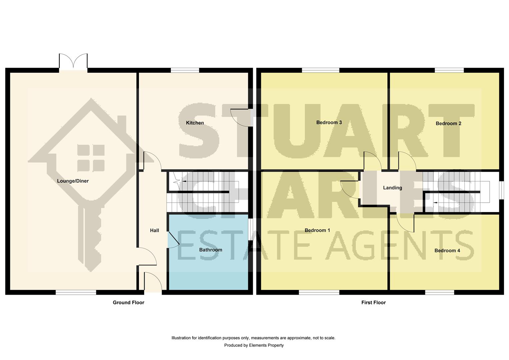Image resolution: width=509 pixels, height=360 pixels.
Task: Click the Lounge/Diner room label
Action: pos(73,181)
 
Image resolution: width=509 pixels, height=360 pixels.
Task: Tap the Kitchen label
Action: pos(195,123)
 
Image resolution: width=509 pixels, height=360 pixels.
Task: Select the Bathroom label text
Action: pos(211,250)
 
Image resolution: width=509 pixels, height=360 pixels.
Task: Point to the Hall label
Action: pos(154,230)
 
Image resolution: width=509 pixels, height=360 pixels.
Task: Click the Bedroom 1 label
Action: pos(317,230)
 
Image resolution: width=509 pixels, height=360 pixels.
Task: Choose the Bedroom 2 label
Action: pos(448,123)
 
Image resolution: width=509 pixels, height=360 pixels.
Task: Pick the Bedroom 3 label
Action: pos(329,122)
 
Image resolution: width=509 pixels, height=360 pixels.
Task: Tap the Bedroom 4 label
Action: pos(447,250)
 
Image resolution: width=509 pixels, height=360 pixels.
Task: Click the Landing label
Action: pos(392,188)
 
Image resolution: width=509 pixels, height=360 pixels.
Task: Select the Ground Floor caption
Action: pos(128,302)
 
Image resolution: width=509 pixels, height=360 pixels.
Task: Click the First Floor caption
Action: pos(373,302)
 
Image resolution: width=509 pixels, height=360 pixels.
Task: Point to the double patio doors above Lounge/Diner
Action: pos(73,62)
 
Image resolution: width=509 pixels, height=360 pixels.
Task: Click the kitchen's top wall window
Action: pos(185,70)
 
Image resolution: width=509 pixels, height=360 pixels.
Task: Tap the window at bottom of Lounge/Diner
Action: pos(76,292)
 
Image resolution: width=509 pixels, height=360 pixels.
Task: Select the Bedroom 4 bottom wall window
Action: pos(439,292)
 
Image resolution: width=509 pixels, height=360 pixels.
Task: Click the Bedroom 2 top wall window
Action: pos(449,70)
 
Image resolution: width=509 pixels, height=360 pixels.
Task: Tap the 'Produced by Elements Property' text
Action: pos(254,345)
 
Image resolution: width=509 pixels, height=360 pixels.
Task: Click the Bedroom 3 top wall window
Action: pos(320,70)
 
